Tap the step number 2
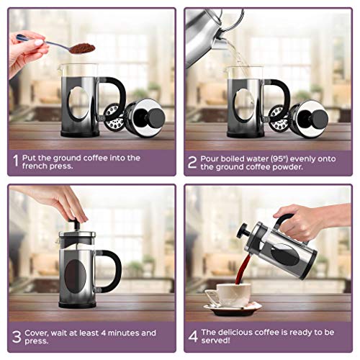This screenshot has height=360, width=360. coord(192,162)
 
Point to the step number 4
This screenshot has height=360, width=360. coord(192,338)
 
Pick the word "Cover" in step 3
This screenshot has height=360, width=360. coord(42,333)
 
